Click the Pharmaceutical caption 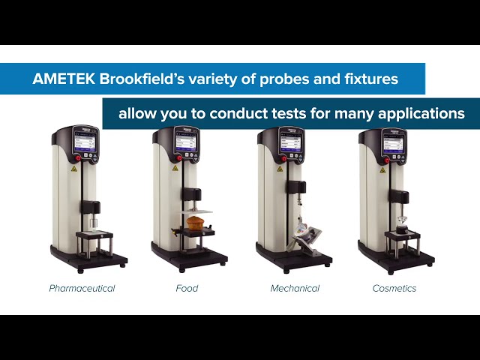tap(82, 288)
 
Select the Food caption tap(187, 288)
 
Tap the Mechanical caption tap(295, 288)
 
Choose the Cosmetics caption tap(394, 288)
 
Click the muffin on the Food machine tap(196, 223)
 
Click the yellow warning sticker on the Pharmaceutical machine tap(72, 169)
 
